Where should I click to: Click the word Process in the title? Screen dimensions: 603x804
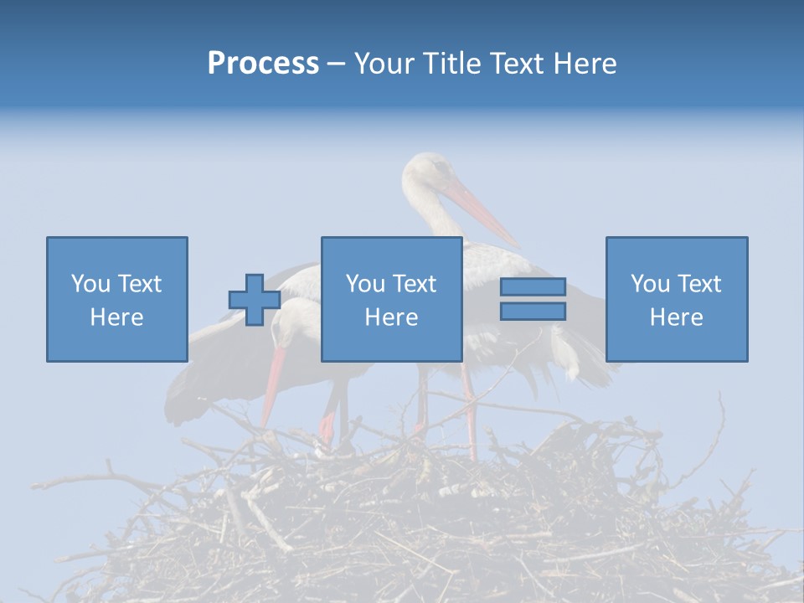tap(263, 64)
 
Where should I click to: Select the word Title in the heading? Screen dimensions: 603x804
tap(451, 64)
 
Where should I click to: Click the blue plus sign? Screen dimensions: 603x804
tap(255, 300)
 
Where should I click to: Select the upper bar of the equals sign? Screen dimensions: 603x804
tap(533, 287)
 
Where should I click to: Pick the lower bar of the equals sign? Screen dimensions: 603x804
tap(533, 312)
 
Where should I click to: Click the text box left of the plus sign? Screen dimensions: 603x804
tap(116, 299)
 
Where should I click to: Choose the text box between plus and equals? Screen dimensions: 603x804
tap(391, 299)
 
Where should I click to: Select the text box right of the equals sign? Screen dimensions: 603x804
tap(676, 299)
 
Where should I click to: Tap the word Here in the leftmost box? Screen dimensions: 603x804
tap(116, 317)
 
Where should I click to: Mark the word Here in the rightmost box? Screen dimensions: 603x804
tap(676, 317)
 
